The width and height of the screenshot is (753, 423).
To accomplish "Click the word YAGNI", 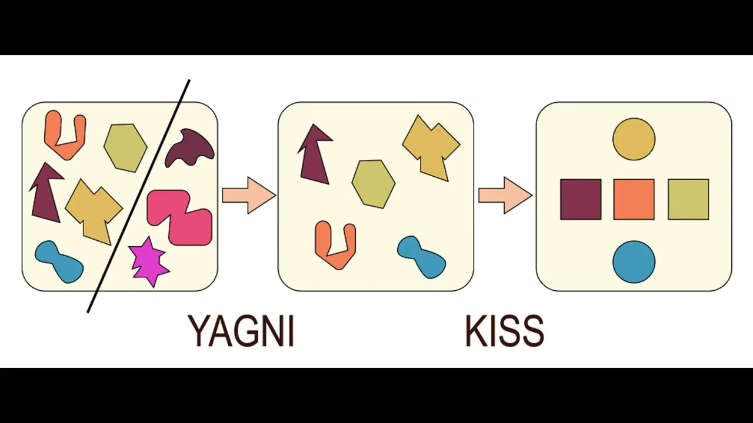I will (x=241, y=331).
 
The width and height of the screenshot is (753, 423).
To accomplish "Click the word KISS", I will (x=504, y=331).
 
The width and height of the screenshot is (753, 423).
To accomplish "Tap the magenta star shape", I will (x=148, y=261).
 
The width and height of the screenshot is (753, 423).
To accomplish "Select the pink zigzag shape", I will (x=179, y=216).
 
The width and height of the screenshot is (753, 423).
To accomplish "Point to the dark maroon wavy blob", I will (x=189, y=148).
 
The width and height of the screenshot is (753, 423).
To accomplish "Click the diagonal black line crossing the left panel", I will (x=139, y=195).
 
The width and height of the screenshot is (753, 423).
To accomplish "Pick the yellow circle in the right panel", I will (x=634, y=139).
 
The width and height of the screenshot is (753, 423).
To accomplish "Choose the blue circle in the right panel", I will (x=634, y=261).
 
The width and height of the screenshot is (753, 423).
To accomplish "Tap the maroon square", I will (x=581, y=200).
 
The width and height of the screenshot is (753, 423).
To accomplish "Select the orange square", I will (x=634, y=200).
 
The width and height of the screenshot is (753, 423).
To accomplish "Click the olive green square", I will (x=688, y=200).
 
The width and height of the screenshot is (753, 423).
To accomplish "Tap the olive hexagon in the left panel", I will (x=125, y=147).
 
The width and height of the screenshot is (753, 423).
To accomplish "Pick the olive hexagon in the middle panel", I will (x=373, y=183).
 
